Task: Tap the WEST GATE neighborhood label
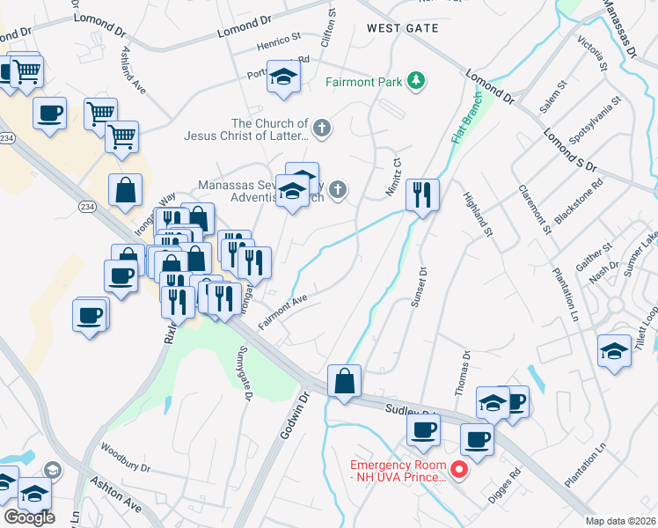click(x=402, y=29)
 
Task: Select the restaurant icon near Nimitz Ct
click(x=422, y=194)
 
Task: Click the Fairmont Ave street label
click(x=282, y=312)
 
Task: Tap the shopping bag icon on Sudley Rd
click(x=344, y=381)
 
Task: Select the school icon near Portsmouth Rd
click(x=283, y=77)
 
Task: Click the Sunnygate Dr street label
click(x=244, y=375)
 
